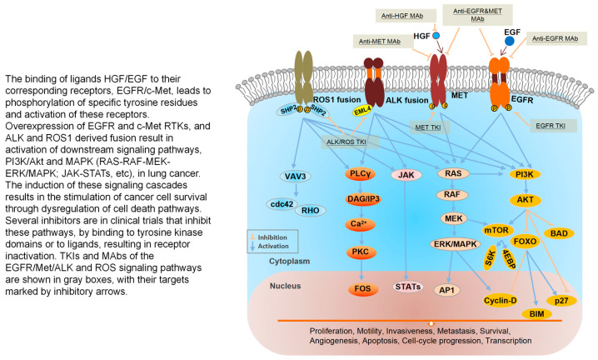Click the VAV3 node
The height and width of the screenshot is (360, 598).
(x=295, y=177)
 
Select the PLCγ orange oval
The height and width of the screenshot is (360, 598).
(x=361, y=174)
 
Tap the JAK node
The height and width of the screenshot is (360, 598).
(x=406, y=175)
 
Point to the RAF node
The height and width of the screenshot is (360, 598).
(x=452, y=194)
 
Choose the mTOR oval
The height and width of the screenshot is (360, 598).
(x=496, y=230)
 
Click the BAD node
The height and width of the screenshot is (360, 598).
(x=559, y=233)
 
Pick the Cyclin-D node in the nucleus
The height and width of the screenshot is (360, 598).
(x=500, y=301)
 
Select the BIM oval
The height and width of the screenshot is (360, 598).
(x=537, y=314)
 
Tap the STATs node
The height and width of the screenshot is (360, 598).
(x=408, y=287)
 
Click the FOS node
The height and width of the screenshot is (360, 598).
(x=362, y=289)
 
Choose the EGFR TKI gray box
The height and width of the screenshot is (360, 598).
(x=551, y=126)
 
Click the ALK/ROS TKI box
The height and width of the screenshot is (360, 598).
(x=346, y=142)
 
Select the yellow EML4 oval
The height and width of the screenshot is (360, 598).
(x=362, y=111)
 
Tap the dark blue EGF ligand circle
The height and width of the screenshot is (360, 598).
(x=509, y=41)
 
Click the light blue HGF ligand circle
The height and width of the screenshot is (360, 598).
(x=436, y=36)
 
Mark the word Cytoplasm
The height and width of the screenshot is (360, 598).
(x=290, y=261)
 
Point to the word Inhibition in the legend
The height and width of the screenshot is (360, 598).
(x=272, y=237)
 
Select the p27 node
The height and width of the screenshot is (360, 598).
(x=561, y=301)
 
